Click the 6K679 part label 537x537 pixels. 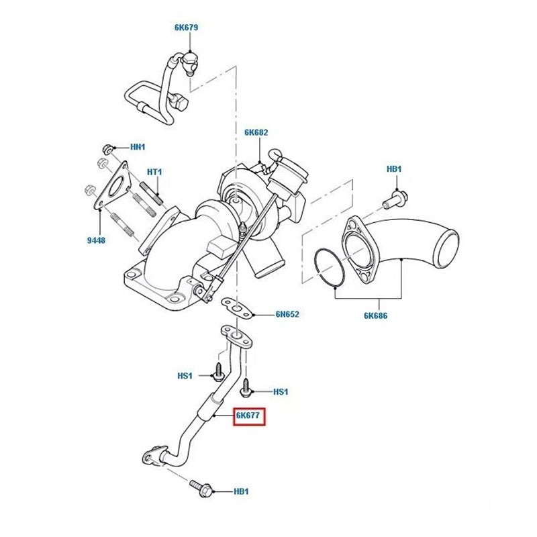186,28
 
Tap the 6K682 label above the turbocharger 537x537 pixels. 256,133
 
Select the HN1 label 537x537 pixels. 138,146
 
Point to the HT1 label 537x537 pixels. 155,173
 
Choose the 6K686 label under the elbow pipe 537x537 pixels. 376,314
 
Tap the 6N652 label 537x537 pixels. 287,313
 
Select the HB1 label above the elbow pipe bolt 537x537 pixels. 394,169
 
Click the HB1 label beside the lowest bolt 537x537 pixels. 242,491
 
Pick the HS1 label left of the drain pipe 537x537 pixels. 185,376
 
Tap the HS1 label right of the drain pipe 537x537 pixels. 281,391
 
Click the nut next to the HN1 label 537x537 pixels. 107,147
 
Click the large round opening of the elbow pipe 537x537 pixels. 447,246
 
